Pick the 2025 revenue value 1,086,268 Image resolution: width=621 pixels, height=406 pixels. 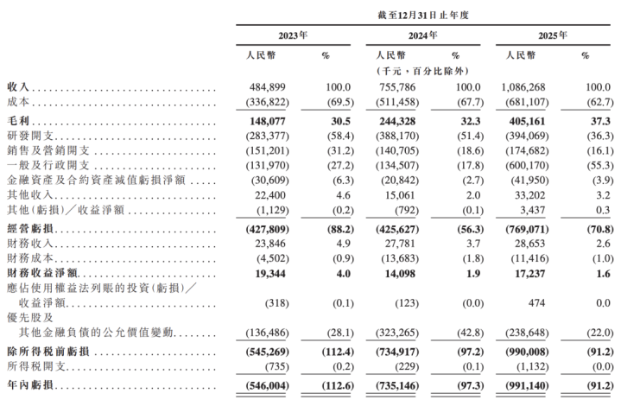click(x=524, y=88)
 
